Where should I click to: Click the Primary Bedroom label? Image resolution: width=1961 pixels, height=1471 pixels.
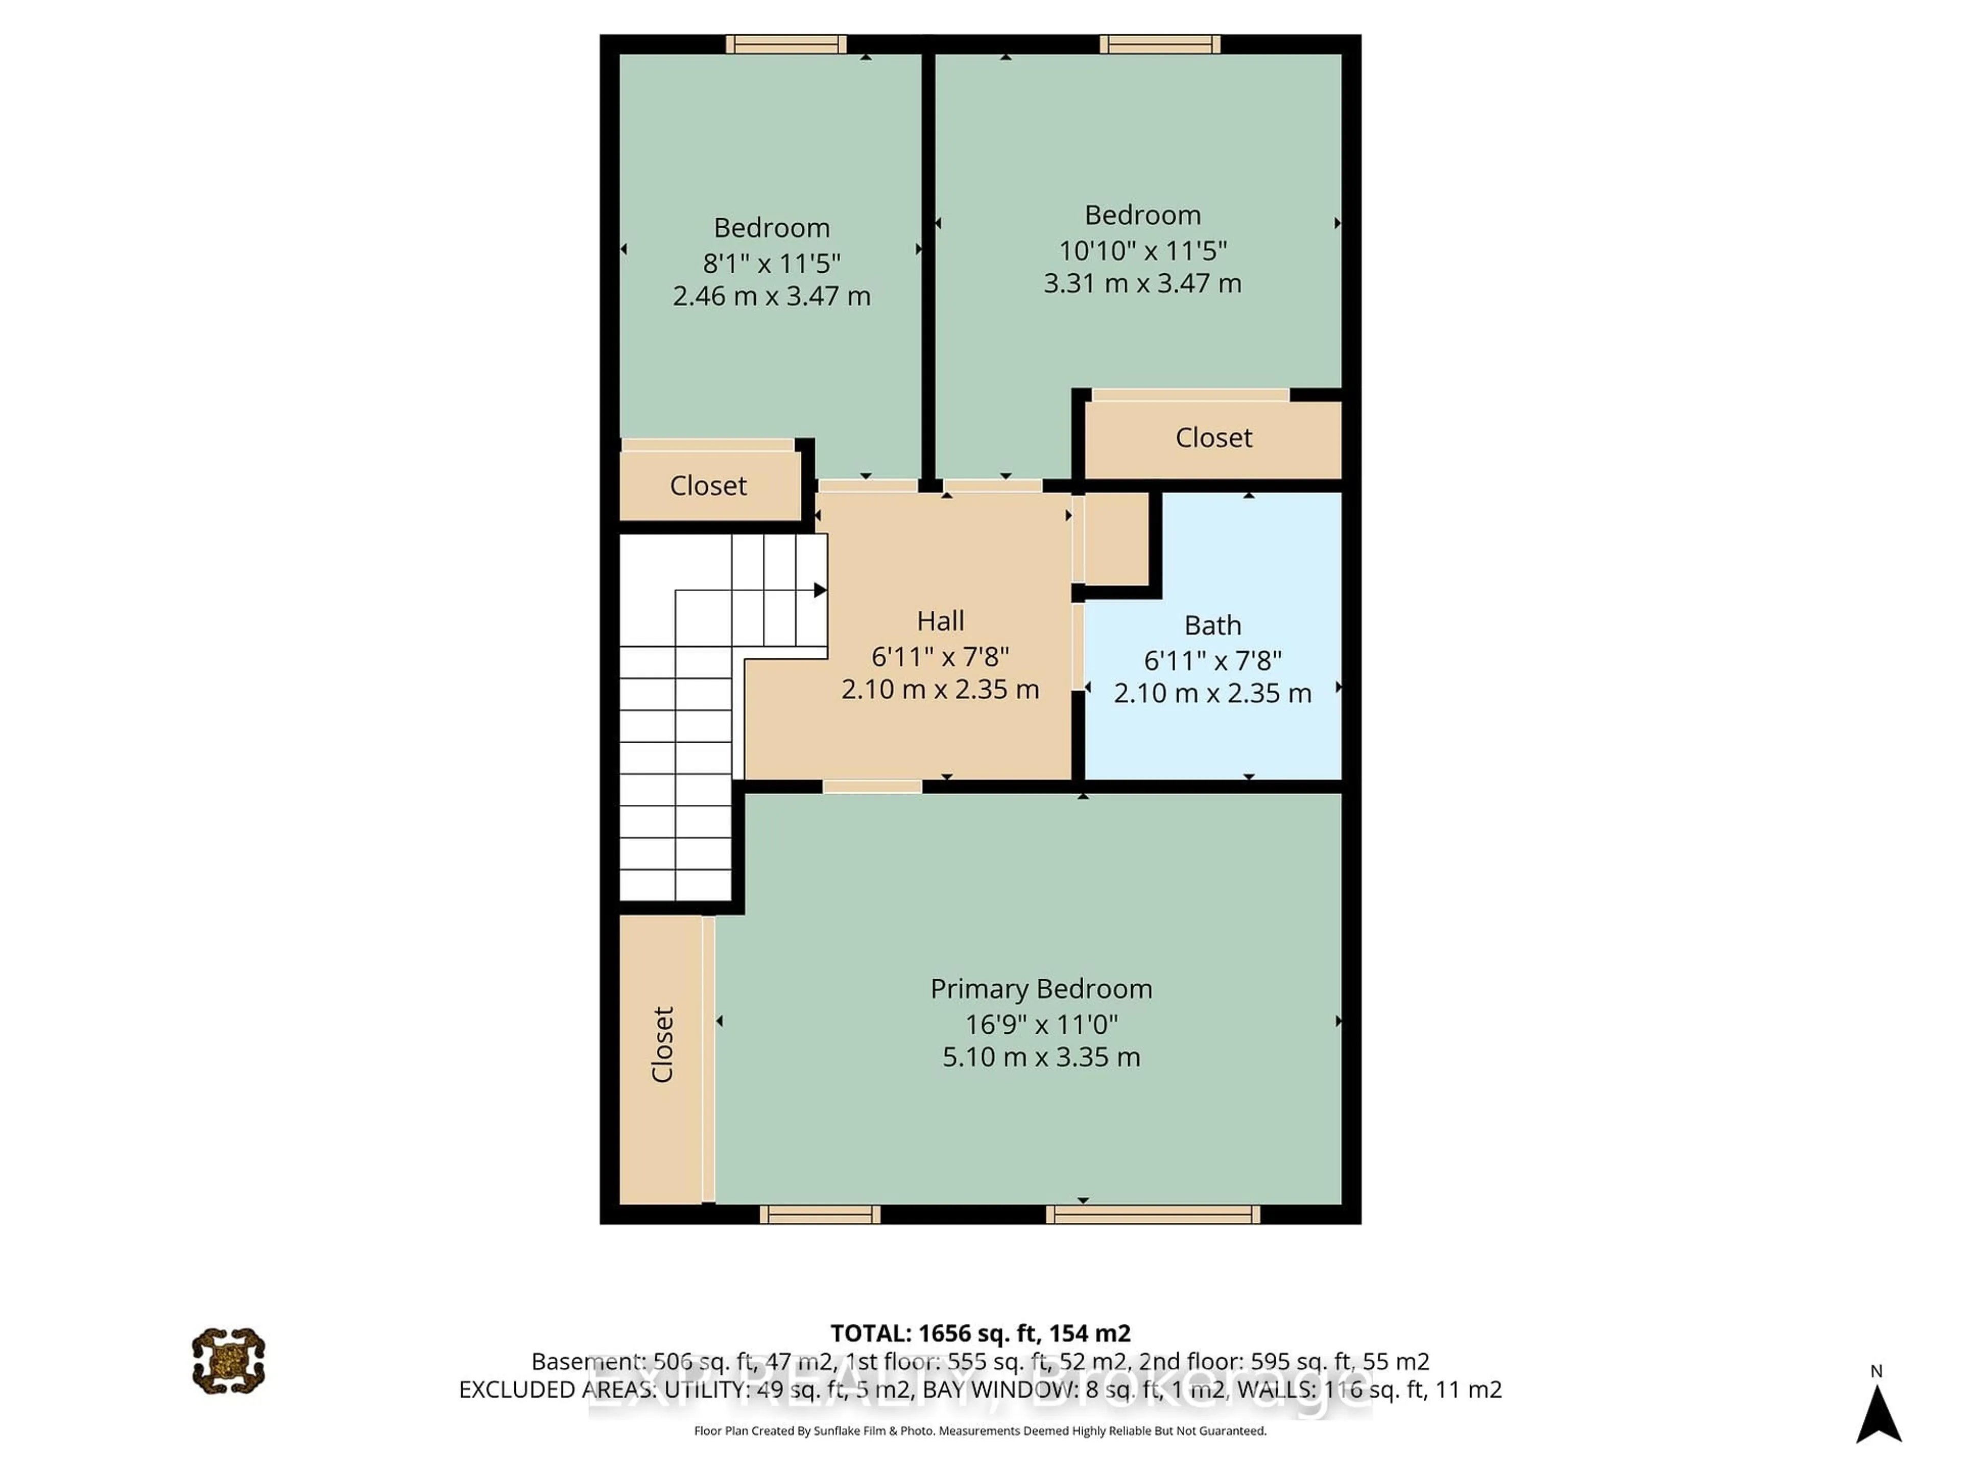(1041, 989)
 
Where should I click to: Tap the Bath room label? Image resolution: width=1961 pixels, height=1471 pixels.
(1212, 625)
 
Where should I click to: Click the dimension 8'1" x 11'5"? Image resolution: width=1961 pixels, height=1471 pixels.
(771, 264)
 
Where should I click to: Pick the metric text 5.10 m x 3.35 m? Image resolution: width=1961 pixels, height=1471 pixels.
(1041, 1057)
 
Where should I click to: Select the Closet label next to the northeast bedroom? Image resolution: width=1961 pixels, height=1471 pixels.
(1213, 438)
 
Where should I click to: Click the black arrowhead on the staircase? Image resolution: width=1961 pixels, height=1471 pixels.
(820, 589)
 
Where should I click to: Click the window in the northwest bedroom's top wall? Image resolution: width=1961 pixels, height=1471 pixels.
(785, 44)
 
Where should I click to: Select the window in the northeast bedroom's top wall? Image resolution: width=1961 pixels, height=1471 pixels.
(1160, 44)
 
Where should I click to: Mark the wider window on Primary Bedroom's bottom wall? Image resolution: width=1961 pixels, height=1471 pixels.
(1153, 1215)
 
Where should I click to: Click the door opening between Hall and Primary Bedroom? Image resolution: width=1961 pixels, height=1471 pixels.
(872, 787)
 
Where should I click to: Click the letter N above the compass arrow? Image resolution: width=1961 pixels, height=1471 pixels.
(1876, 1371)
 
